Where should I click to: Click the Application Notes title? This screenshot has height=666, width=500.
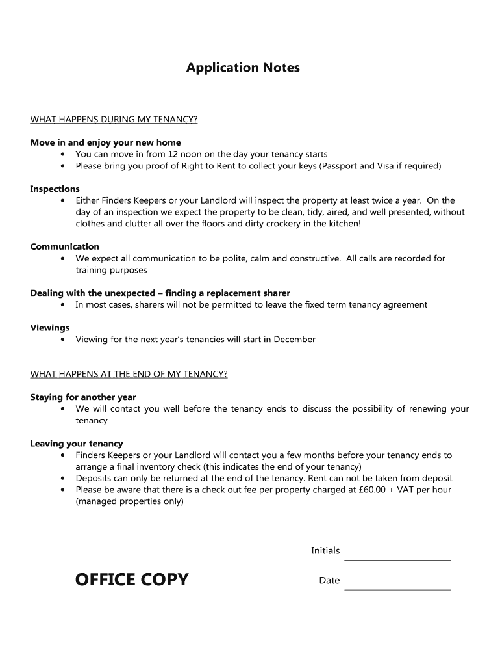point(243,68)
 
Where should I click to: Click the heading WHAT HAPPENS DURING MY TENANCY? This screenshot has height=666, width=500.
point(114,120)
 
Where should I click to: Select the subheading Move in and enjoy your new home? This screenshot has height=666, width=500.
point(105,142)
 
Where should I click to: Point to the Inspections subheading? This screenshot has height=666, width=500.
point(55,189)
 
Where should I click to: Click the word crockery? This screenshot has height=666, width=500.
point(288,224)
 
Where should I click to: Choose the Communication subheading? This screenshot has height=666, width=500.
point(64,246)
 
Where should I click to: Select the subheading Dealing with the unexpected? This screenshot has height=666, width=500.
point(160,293)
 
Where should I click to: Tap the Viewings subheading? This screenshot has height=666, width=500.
point(49,328)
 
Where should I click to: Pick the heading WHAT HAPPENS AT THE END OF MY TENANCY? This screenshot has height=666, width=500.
point(129,374)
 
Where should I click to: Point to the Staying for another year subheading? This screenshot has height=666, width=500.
point(83,397)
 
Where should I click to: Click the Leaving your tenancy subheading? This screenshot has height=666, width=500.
point(76,444)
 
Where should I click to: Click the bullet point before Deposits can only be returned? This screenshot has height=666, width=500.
point(62,479)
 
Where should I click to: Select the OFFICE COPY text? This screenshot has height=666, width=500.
point(132,579)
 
